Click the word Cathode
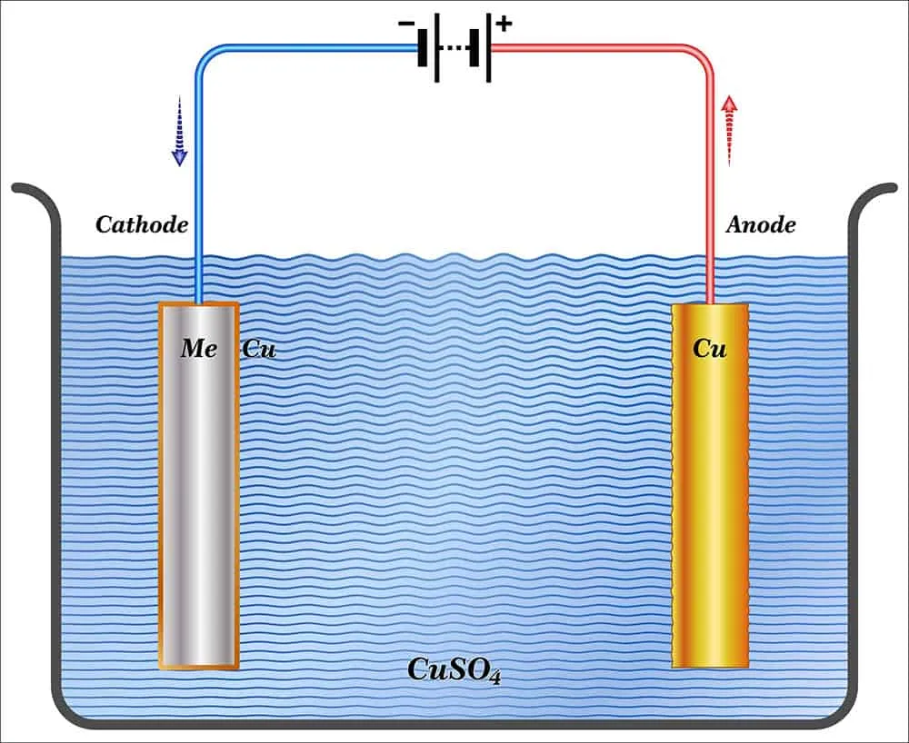141,225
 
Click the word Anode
761,225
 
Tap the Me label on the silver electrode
198,349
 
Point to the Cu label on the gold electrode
710,349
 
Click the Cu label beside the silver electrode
258,349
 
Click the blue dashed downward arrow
180,132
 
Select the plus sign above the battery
503,23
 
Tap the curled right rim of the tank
879,189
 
